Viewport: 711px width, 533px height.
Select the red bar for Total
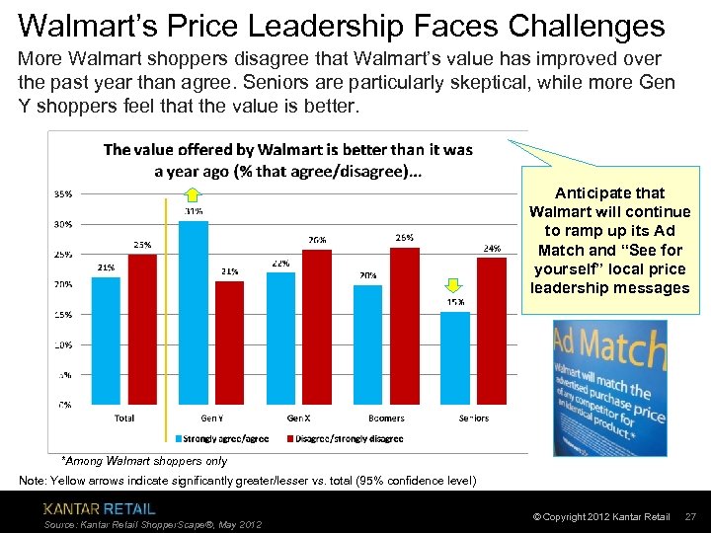pos(142,330)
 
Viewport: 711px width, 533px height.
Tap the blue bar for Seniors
pos(455,357)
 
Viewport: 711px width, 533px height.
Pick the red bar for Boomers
pos(405,326)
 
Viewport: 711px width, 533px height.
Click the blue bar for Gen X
pos(280,339)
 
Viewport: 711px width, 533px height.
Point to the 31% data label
pos(194,211)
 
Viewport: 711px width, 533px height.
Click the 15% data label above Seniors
pos(455,302)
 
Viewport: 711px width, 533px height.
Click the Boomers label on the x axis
pos(386,419)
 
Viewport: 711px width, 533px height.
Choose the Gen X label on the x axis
pos(299,419)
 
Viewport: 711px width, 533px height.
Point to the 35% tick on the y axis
pos(61,193)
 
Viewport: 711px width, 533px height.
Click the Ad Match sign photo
pos(608,381)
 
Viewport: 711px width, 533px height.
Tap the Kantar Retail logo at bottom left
pos(99,509)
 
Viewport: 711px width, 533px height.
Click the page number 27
pos(690,517)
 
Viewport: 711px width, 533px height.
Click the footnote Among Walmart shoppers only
pos(144,461)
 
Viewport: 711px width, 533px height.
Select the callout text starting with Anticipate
pos(609,241)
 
